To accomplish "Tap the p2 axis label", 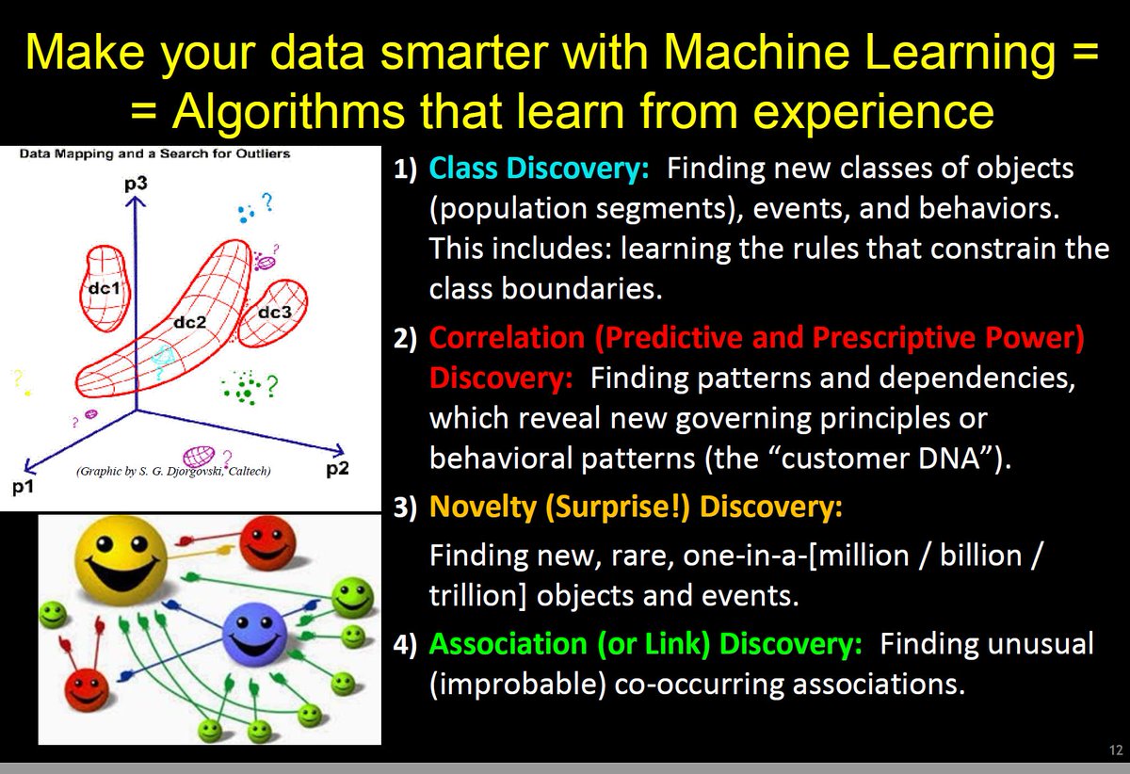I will [x=338, y=468].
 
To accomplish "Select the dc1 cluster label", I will [x=103, y=290].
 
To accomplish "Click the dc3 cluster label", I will [x=274, y=312].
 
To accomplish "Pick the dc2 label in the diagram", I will [x=189, y=322].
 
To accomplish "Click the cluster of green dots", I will [x=246, y=386].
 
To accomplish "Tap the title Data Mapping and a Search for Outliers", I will [x=154, y=153].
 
